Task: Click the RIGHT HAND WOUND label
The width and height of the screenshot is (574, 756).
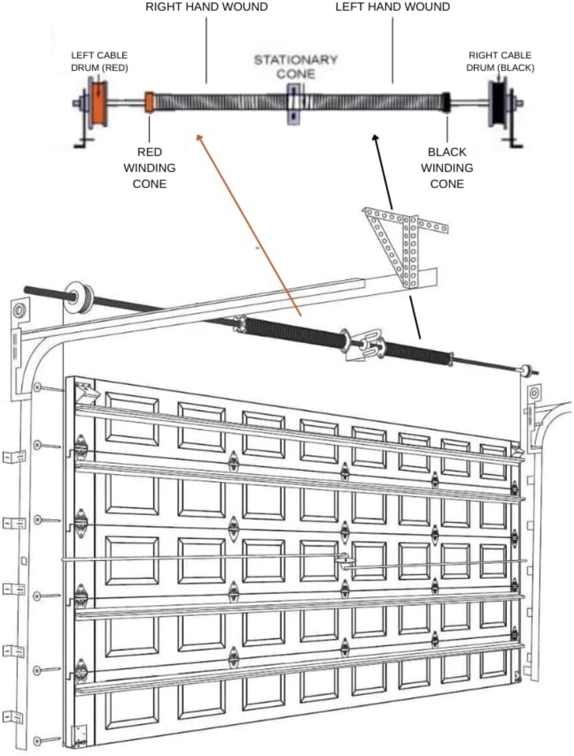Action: tap(206, 7)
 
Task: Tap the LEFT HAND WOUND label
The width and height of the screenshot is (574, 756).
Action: tap(392, 7)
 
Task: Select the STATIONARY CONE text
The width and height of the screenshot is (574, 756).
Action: tap(296, 67)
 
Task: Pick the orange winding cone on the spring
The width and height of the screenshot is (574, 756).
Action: tap(150, 101)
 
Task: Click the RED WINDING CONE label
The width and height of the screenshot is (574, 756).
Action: tap(149, 168)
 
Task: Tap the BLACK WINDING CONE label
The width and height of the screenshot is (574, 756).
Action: tap(447, 168)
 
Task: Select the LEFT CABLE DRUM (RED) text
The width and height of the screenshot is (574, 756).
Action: tap(99, 61)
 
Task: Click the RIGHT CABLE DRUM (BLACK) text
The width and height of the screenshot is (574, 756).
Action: tap(500, 61)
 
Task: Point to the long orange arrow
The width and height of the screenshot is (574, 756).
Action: tap(249, 225)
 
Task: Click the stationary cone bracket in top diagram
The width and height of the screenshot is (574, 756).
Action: tap(294, 104)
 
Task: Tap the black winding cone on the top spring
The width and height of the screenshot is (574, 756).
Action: tap(446, 102)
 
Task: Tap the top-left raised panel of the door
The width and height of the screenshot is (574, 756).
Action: tap(132, 419)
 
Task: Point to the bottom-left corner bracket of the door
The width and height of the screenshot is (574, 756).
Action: tap(79, 734)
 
